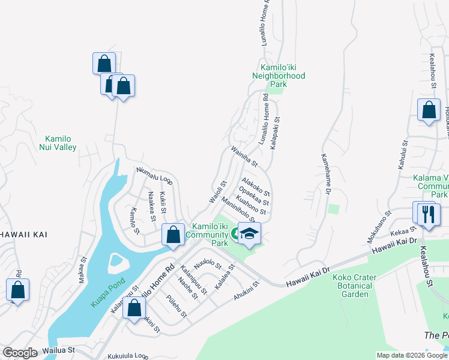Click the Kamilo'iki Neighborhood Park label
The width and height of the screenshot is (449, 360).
[x=279, y=76]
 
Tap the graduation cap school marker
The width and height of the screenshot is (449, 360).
[x=249, y=233]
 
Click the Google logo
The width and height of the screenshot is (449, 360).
[x=20, y=353]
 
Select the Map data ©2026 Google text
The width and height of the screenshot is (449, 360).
[x=411, y=355]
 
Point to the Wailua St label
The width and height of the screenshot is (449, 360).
[x=58, y=350]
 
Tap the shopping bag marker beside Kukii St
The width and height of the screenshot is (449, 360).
[x=173, y=236]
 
